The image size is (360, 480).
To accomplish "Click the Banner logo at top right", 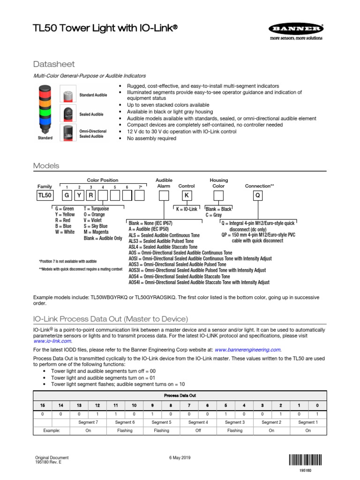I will pyautogui.click(x=295, y=31).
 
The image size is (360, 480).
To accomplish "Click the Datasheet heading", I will pyautogui.click(x=54, y=64).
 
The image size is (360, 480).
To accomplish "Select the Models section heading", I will pyautogui.click(x=46, y=166).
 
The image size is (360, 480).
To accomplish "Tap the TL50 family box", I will pyautogui.click(x=45, y=195).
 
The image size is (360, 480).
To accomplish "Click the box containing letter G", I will pyautogui.click(x=67, y=195).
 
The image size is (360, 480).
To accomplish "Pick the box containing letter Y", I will pyautogui.click(x=79, y=195).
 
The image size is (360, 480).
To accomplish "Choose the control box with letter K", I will pyautogui.click(x=186, y=195).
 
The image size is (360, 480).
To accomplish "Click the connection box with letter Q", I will pyautogui.click(x=257, y=195).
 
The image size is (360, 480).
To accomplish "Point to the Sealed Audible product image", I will pyautogui.click(x=68, y=114).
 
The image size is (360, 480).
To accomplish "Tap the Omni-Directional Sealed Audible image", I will pyautogui.click(x=68, y=134).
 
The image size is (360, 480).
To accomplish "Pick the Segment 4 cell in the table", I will pyautogui.click(x=198, y=422).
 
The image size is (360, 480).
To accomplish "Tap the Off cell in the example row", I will pyautogui.click(x=198, y=430).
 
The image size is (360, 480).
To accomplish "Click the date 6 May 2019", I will pyautogui.click(x=180, y=457).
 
